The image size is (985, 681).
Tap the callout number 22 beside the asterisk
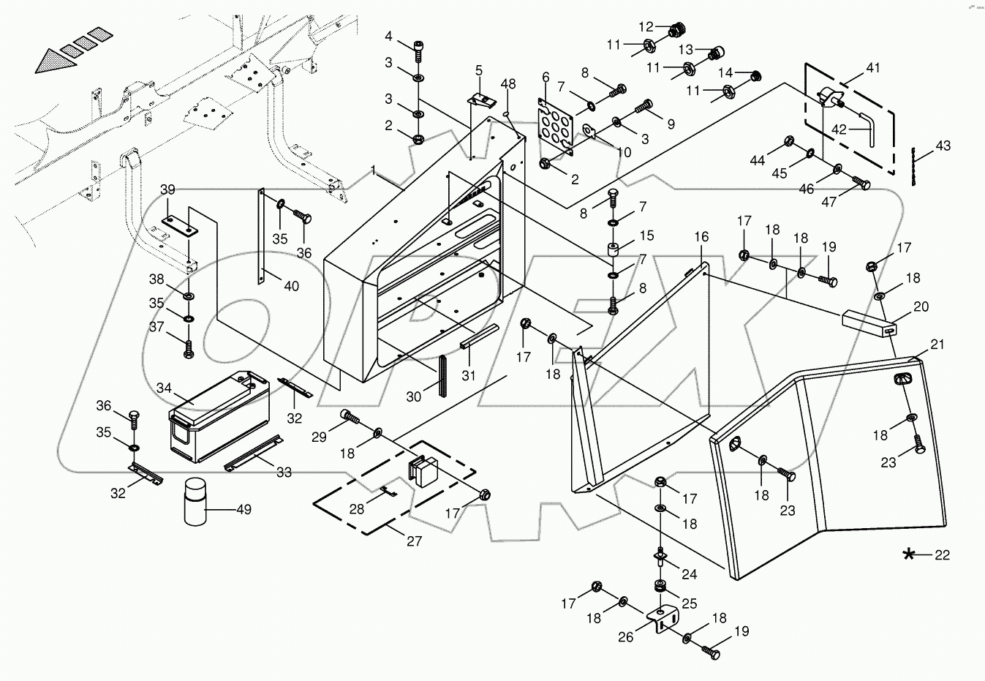(942, 555)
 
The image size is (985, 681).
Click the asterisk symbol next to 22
(909, 554)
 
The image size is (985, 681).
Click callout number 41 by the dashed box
(873, 68)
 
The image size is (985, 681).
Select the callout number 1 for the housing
(373, 170)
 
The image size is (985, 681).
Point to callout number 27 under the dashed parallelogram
(414, 541)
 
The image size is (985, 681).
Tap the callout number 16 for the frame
(701, 237)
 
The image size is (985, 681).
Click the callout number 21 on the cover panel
(937, 345)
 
